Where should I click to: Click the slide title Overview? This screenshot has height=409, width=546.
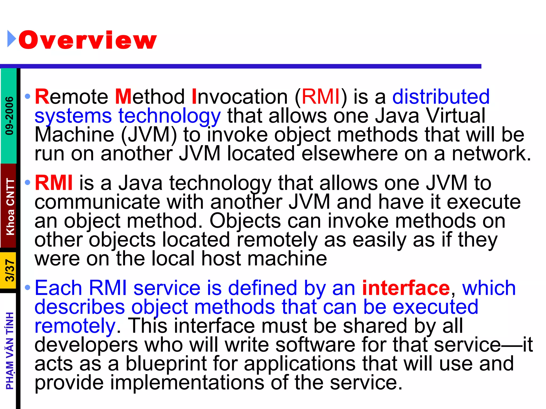[87, 40]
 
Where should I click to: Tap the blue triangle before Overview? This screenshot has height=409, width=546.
[11, 39]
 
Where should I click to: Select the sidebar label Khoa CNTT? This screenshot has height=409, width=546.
[10, 207]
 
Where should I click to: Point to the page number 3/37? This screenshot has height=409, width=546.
[10, 271]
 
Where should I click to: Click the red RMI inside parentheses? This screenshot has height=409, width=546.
[321, 96]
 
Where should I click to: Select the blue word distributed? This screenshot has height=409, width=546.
[441, 96]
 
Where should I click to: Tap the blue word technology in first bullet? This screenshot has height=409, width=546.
[170, 116]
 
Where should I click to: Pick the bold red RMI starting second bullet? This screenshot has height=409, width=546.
[54, 183]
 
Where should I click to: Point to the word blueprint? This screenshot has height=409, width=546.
[166, 364]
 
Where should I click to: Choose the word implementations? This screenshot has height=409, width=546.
[187, 382]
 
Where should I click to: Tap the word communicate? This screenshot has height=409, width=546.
[97, 202]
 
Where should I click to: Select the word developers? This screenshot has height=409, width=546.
[86, 345]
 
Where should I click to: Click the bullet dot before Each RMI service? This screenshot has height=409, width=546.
[27, 288]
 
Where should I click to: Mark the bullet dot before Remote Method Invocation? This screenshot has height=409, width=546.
[27, 96]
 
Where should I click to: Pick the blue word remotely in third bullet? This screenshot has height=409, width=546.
[75, 326]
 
